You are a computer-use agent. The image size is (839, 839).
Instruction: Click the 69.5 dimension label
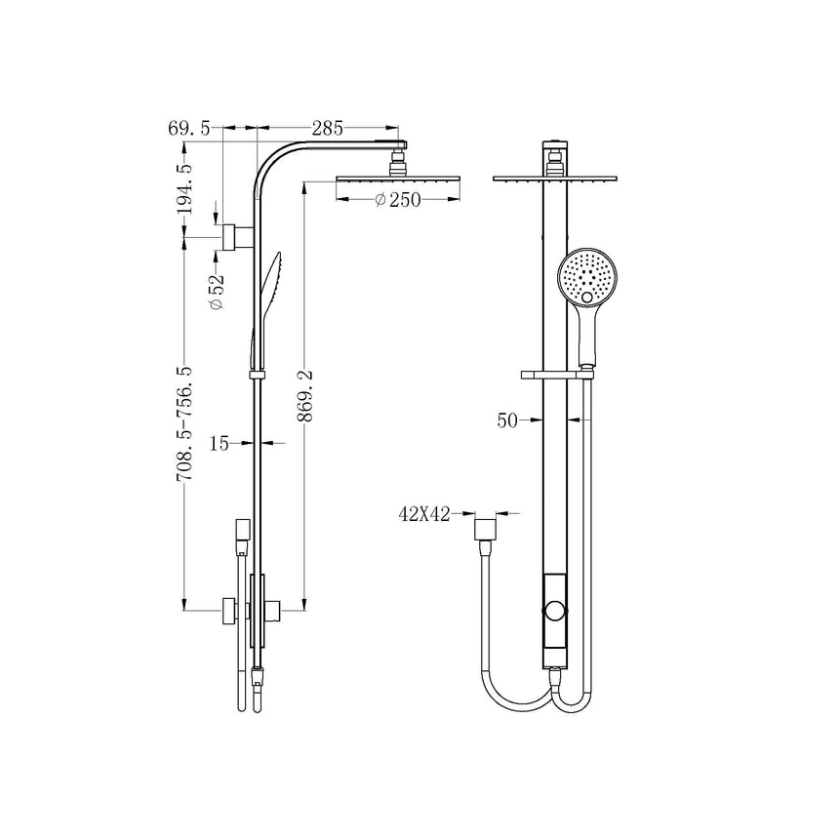188,127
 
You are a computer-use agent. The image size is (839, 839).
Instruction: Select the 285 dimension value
328,127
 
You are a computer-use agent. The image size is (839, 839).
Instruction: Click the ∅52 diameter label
217,292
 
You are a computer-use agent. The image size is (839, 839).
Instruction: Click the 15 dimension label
220,444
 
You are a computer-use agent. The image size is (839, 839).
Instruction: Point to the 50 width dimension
507,420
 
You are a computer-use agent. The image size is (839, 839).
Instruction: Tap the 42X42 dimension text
423,514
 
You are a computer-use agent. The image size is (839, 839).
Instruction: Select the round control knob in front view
555,613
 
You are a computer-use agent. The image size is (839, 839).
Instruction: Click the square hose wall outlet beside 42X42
483,529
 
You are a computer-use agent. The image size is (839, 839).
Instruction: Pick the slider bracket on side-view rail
257,374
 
